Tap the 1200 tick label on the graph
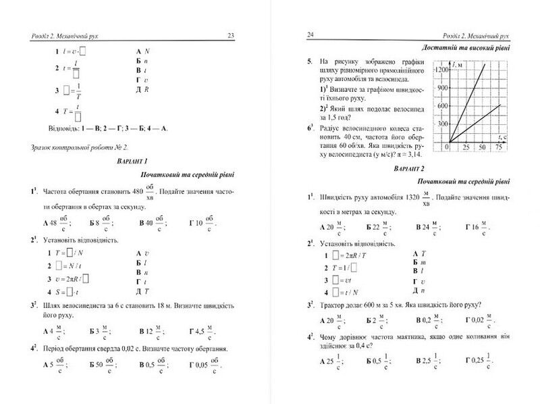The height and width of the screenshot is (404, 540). pos(443,70)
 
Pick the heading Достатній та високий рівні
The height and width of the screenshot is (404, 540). pos(465,49)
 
